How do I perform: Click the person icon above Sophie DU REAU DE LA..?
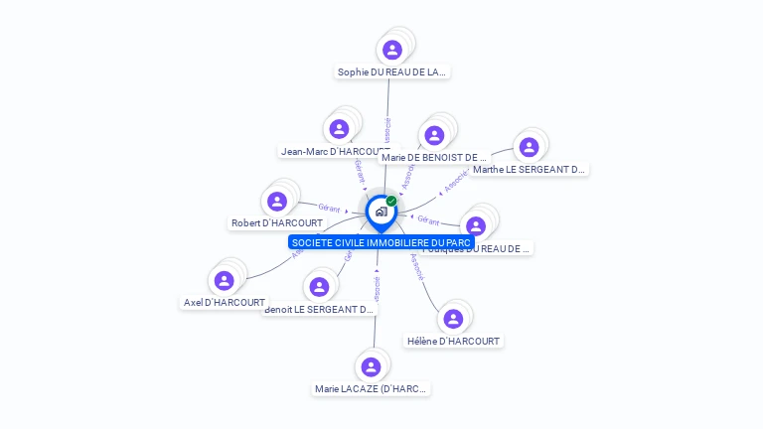(x=392, y=50)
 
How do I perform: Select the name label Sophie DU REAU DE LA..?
(x=392, y=71)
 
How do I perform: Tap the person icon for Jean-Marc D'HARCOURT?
(x=339, y=129)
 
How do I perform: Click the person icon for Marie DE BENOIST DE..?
(x=434, y=135)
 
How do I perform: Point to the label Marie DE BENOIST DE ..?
(x=434, y=157)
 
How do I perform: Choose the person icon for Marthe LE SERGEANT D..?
(x=529, y=147)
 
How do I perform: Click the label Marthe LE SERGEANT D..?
(x=530, y=169)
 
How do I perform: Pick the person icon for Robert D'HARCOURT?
(x=277, y=202)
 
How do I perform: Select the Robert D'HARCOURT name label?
(x=277, y=223)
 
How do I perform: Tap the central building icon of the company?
(x=381, y=212)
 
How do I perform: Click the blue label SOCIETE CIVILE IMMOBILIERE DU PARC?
(x=381, y=242)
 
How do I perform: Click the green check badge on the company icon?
(x=391, y=201)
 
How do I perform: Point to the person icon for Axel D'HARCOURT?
(x=225, y=280)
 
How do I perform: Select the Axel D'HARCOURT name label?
(x=225, y=302)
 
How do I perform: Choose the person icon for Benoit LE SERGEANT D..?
(x=319, y=287)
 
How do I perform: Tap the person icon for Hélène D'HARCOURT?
(x=454, y=319)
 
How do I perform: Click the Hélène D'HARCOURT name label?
(x=454, y=341)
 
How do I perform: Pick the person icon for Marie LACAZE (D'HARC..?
(x=372, y=367)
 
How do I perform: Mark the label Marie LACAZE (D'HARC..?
(x=372, y=389)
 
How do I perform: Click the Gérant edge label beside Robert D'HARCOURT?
(x=330, y=208)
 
